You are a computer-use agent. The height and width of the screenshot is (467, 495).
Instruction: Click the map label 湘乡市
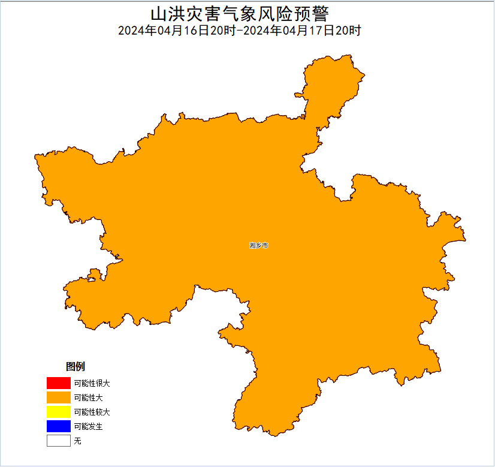[x=259, y=246]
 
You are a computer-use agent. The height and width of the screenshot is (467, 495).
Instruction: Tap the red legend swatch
[x=58, y=382]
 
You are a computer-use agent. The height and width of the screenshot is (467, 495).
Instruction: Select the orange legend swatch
[x=58, y=397]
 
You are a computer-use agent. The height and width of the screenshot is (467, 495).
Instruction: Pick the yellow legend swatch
[x=58, y=412]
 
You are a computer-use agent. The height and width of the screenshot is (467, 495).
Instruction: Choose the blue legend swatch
[x=58, y=426]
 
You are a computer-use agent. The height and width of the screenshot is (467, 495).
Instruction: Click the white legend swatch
[x=58, y=441]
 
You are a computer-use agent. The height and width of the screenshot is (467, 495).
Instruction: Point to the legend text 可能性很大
[x=92, y=382]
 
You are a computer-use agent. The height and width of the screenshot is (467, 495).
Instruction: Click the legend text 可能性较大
[x=92, y=412]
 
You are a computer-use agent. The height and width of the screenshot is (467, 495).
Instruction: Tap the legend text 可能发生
[x=88, y=426]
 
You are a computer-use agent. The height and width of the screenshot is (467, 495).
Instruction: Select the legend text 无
[x=77, y=441]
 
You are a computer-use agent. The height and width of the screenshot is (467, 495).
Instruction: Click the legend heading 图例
[x=76, y=366]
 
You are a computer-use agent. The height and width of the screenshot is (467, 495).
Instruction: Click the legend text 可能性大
[x=88, y=397]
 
